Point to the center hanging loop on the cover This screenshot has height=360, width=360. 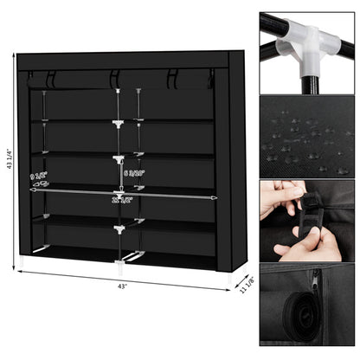[x=113, y=79]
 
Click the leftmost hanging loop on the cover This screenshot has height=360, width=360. [x=50, y=79]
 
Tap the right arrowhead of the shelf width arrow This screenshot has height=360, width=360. [x=213, y=197]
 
